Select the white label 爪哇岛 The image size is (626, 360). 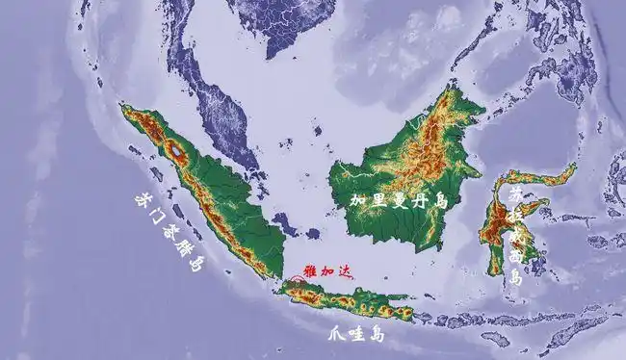point(353,336)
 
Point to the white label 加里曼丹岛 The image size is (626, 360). point(399,201)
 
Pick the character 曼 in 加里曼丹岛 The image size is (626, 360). point(400,201)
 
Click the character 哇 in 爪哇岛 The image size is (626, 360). point(353,336)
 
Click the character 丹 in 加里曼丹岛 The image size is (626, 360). point(421,200)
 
